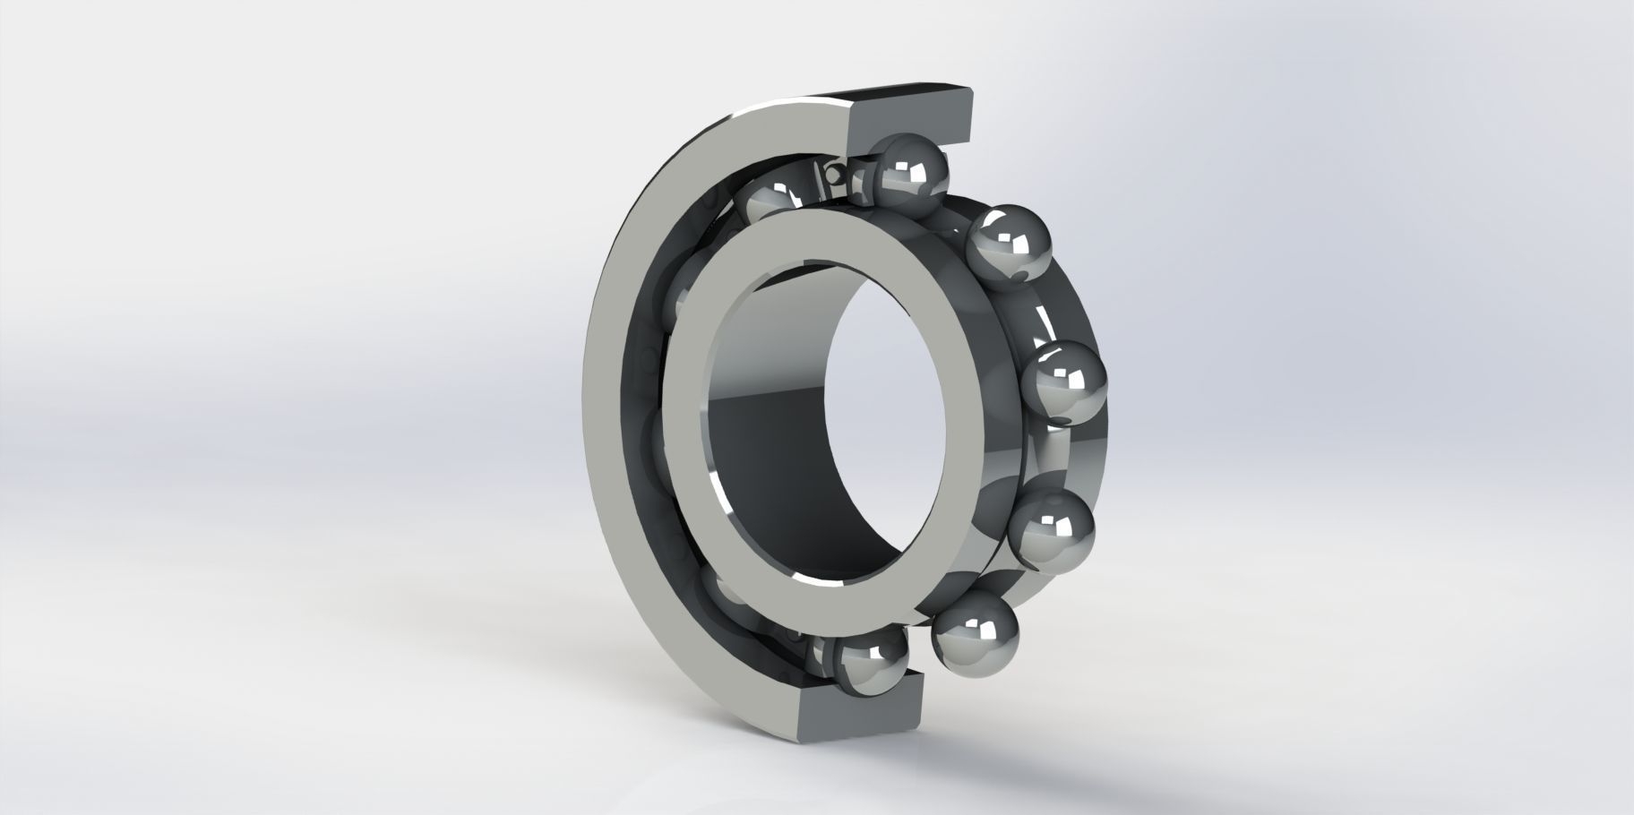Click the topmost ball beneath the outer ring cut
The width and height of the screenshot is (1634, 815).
coord(912,172)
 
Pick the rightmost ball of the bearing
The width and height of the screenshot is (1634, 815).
coord(1063,383)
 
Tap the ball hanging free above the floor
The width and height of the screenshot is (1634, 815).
coord(976,633)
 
